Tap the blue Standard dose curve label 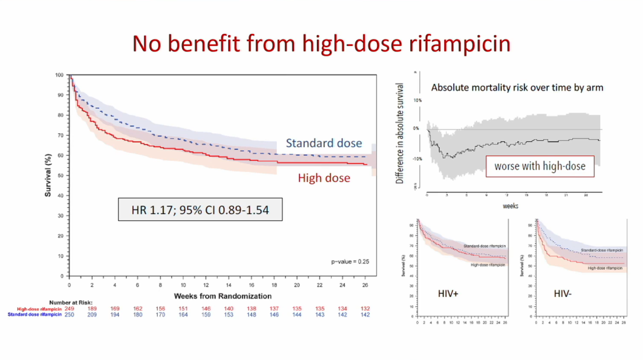pyautogui.click(x=323, y=143)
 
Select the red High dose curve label pyautogui.click(x=324, y=178)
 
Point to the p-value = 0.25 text pyautogui.click(x=351, y=262)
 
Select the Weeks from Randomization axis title pyautogui.click(x=223, y=296)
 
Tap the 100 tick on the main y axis pyautogui.click(x=59, y=75)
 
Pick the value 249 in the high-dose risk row pyautogui.click(x=69, y=309)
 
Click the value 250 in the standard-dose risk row pyautogui.click(x=69, y=314)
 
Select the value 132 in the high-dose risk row pyautogui.click(x=365, y=309)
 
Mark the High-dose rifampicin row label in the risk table pyautogui.click(x=39, y=309)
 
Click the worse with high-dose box pyautogui.click(x=540, y=166)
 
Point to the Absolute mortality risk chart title pyautogui.click(x=517, y=87)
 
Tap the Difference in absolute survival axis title pyautogui.click(x=399, y=132)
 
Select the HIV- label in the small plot pyautogui.click(x=563, y=294)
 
